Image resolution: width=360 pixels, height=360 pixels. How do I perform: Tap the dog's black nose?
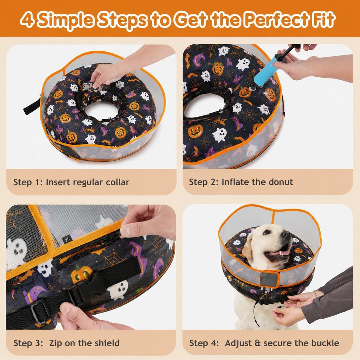pyautogui.click(x=286, y=234)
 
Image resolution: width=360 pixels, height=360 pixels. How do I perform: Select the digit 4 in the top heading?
pyautogui.click(x=27, y=20)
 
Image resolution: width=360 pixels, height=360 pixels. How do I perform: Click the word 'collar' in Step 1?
pyautogui.click(x=117, y=182)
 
